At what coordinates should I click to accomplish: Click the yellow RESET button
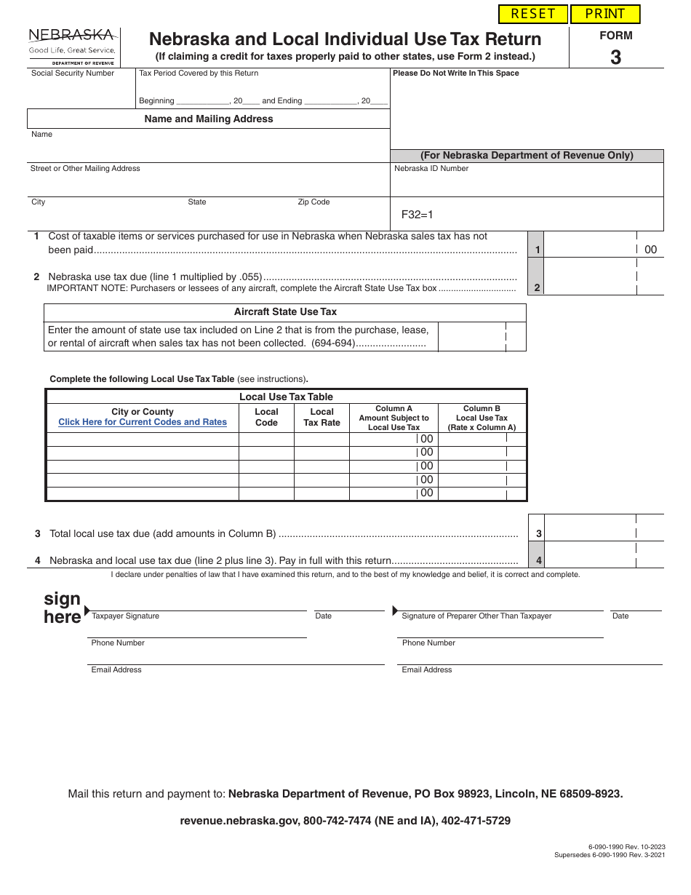pyautogui.click(x=533, y=14)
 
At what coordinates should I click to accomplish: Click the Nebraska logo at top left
pyautogui.click(x=71, y=45)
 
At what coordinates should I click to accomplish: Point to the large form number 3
pyautogui.click(x=615, y=57)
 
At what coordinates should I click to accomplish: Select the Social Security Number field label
pyautogui.click(x=73, y=73)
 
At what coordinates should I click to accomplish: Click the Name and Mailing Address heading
pyautogui.click(x=209, y=119)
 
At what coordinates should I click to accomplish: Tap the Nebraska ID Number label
pyautogui.click(x=431, y=169)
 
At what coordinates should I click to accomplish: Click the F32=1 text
pyautogui.click(x=418, y=215)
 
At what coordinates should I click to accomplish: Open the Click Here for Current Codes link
pyautogui.click(x=143, y=422)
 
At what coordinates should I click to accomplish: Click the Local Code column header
pyautogui.click(x=266, y=417)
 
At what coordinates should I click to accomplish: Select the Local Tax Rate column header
pyautogui.click(x=321, y=417)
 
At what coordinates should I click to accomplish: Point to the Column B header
pyautogui.click(x=482, y=418)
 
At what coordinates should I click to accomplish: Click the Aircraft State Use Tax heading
pyautogui.click(x=285, y=311)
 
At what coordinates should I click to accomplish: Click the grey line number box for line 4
pyautogui.click(x=538, y=560)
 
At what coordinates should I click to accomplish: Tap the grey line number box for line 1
pyautogui.click(x=537, y=250)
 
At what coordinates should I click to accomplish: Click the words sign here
pyautogui.click(x=63, y=608)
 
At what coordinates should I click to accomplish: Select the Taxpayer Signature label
pyautogui.click(x=125, y=616)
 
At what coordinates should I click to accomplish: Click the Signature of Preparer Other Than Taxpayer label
pyautogui.click(x=476, y=616)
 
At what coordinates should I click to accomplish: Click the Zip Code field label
pyautogui.click(x=313, y=202)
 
